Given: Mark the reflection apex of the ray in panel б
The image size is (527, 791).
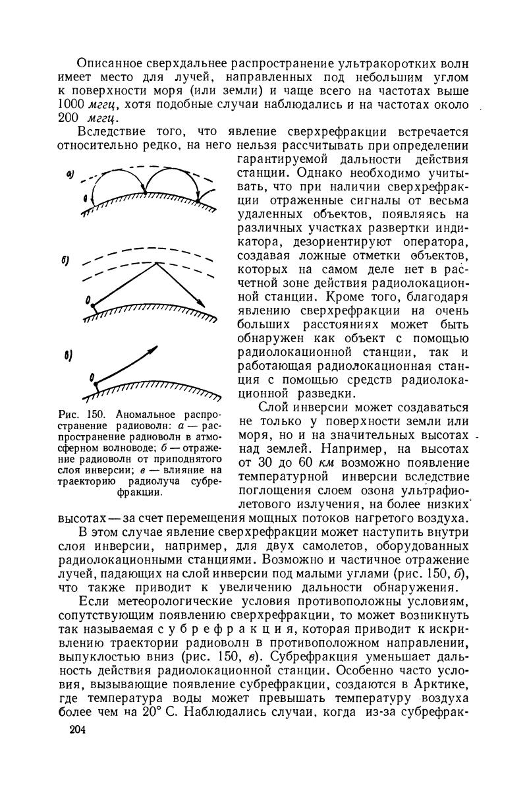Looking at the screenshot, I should (x=156, y=263).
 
